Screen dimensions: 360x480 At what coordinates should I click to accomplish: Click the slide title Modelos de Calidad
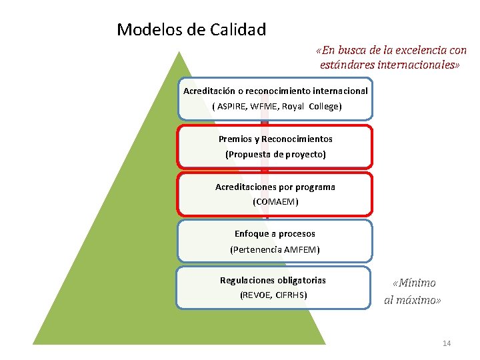(x=191, y=30)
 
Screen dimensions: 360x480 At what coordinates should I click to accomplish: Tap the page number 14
(x=447, y=343)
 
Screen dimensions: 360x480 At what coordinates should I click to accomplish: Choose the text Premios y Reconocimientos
(x=275, y=139)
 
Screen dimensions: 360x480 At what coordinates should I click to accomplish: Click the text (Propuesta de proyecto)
(x=275, y=154)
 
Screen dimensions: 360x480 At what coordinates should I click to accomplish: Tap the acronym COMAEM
(x=275, y=201)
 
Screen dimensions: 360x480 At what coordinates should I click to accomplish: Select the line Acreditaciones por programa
(x=275, y=187)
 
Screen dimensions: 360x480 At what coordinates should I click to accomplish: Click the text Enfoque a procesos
(x=275, y=234)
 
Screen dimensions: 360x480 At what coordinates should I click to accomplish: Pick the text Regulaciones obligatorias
(x=273, y=281)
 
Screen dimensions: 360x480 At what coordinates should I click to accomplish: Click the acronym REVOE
(x=256, y=295)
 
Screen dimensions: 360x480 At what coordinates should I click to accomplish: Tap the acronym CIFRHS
(x=290, y=295)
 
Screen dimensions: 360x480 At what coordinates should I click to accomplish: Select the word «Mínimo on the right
(x=414, y=283)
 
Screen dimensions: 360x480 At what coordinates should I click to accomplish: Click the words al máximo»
(x=413, y=300)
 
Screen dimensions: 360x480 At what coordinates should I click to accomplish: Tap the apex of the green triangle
(x=179, y=53)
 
